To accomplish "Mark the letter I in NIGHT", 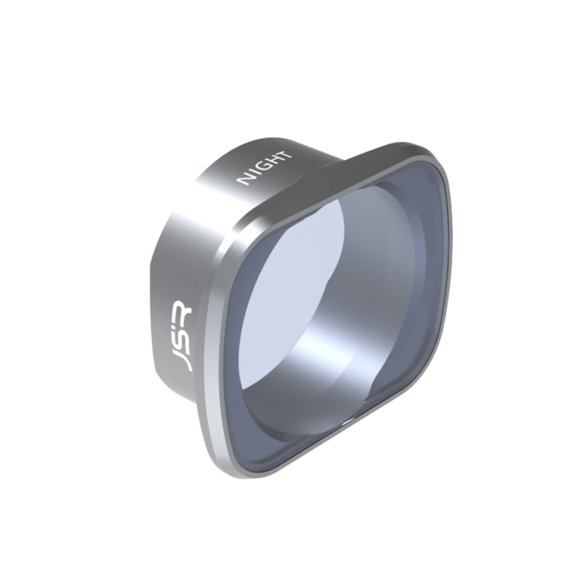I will [x=255, y=175].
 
